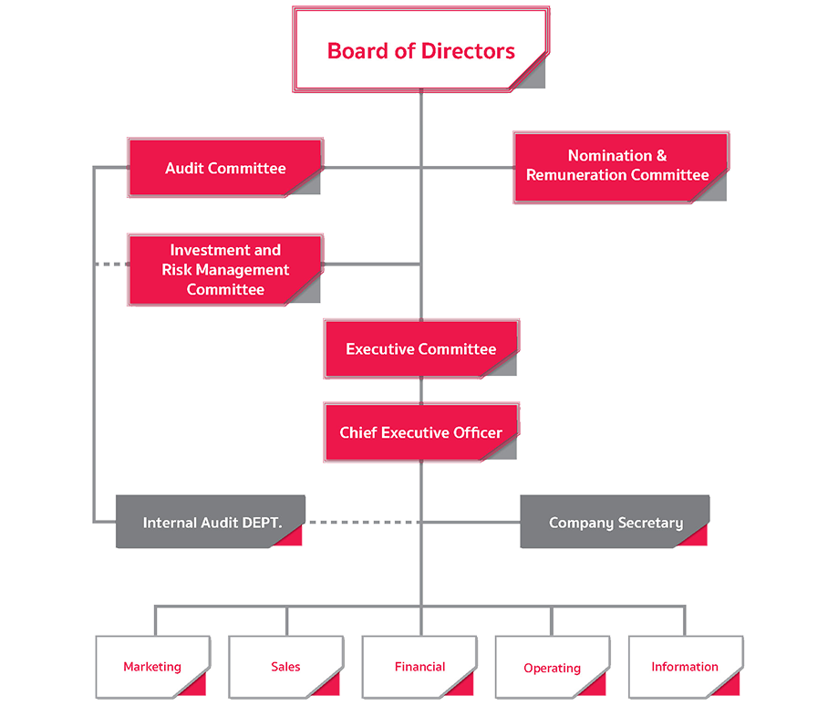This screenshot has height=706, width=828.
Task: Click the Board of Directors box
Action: [420, 50]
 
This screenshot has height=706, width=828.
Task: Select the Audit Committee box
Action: [224, 168]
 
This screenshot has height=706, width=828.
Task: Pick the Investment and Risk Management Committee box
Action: [224, 270]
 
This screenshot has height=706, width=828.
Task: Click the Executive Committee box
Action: [420, 349]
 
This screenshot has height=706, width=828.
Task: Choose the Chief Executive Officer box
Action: [420, 432]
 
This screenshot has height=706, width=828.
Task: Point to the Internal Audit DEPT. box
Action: [209, 523]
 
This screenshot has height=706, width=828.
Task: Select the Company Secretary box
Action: [615, 523]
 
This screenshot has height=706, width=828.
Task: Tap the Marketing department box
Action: [152, 667]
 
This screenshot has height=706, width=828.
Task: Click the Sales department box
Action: [285, 667]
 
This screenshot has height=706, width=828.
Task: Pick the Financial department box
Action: [419, 667]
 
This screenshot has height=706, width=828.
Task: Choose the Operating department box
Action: [552, 668]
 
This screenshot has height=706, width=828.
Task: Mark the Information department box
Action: [684, 667]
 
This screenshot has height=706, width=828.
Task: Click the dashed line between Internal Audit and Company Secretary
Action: [360, 523]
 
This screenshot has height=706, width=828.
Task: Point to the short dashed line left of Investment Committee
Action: [110, 265]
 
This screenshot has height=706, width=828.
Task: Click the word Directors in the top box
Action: [470, 50]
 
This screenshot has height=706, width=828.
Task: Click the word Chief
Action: [358, 432]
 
